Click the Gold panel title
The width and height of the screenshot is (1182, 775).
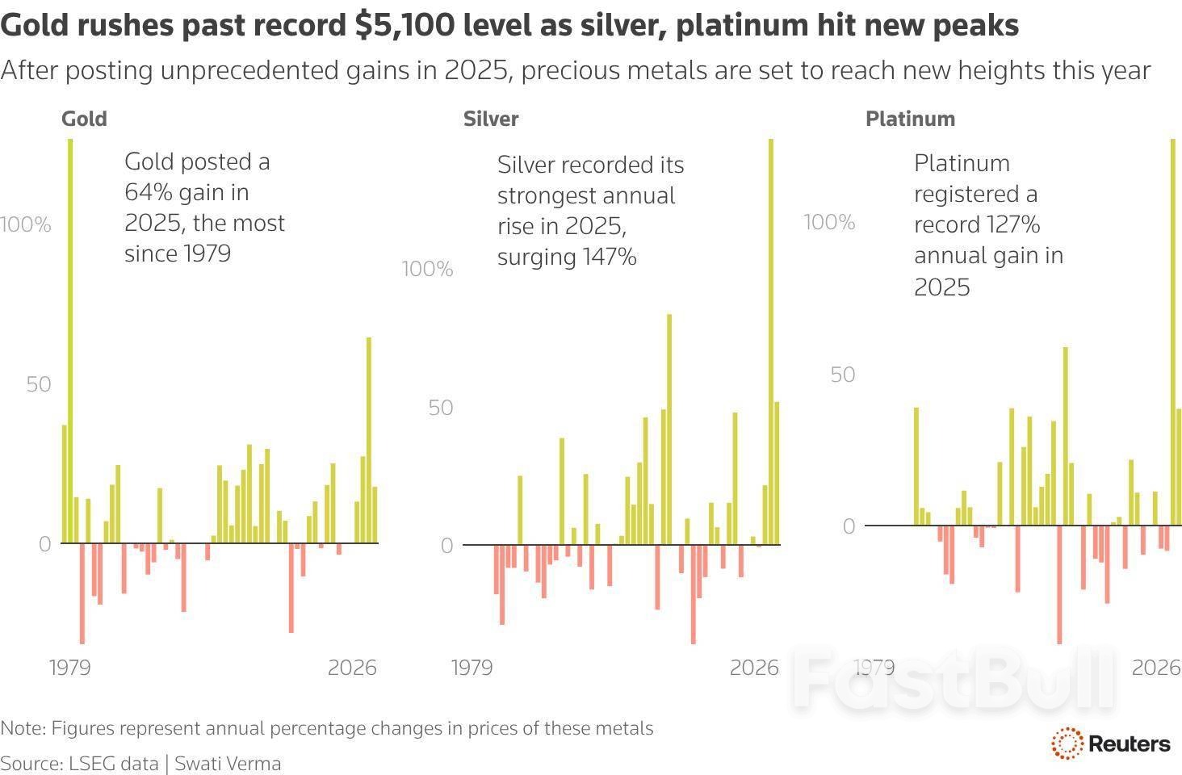pos(84,119)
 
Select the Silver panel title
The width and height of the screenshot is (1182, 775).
pos(491,119)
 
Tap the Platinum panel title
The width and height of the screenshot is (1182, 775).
pos(910,119)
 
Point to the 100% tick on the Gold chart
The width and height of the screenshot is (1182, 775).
pos(26,224)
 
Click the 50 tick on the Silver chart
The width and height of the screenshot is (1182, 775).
pos(441,407)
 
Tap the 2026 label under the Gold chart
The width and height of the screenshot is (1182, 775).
pos(352,668)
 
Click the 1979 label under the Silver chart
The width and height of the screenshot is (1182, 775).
pos(472,668)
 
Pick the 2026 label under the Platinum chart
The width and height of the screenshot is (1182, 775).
pos(1156,668)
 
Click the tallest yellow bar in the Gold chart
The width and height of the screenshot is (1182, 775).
pos(70,339)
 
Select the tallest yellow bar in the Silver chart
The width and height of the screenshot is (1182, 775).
pos(771,339)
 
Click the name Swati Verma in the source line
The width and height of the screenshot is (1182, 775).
pos(228,763)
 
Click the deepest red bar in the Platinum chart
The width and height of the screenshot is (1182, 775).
pos(1059,584)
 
